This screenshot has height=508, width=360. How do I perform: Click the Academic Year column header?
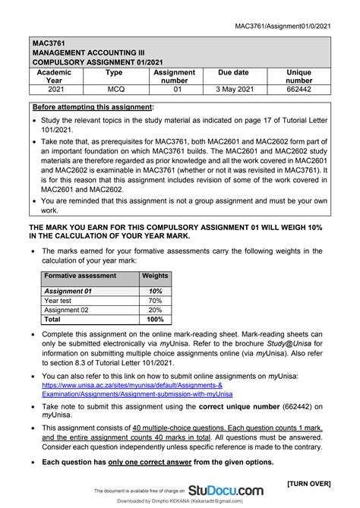(x=55, y=77)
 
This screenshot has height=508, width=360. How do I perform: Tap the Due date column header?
(x=233, y=73)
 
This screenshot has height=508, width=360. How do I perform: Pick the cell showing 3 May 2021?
(x=233, y=89)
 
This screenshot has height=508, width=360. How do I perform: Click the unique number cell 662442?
(x=298, y=89)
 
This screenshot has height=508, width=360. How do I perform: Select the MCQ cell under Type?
(x=114, y=89)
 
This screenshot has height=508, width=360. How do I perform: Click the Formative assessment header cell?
(x=80, y=276)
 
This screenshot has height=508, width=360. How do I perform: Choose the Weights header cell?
(x=156, y=276)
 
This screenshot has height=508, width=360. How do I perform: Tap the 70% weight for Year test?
(x=156, y=301)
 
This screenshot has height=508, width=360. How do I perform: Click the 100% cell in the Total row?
(x=156, y=320)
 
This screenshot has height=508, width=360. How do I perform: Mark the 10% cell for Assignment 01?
(x=156, y=291)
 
